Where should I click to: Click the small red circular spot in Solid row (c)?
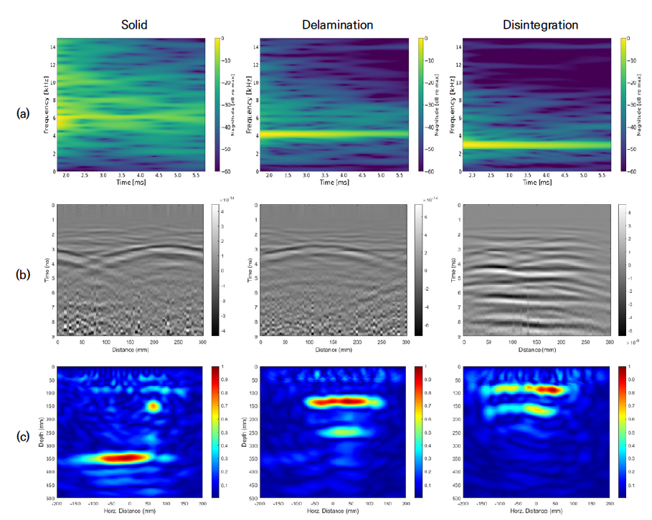pos(153,406)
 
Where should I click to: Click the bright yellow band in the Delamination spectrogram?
pos(334,133)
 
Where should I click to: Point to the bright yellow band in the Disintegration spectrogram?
pos(535,145)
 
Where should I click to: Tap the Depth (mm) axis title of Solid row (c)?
pos(42,432)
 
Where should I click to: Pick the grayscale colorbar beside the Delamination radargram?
pos(419,269)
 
